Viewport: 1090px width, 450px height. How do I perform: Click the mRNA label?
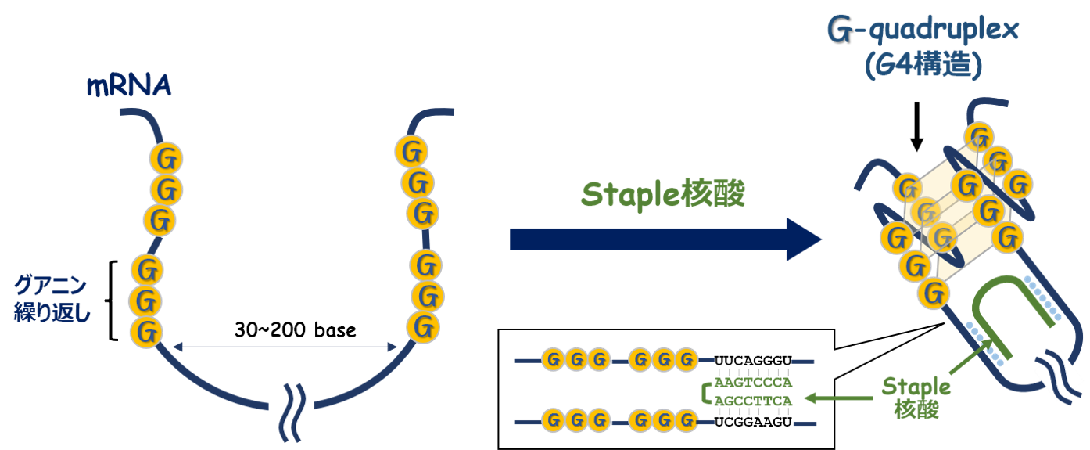click(x=128, y=85)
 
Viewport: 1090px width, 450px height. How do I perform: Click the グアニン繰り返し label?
click(x=51, y=299)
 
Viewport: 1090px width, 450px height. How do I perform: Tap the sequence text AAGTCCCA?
click(x=754, y=382)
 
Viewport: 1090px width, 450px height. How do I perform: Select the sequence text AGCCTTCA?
click(x=754, y=401)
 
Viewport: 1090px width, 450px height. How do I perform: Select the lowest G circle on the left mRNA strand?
click(x=146, y=331)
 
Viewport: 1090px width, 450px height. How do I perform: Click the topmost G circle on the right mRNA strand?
click(x=411, y=151)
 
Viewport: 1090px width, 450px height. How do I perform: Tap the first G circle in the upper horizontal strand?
click(x=554, y=360)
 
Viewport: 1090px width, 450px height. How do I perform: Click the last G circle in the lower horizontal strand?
click(x=686, y=421)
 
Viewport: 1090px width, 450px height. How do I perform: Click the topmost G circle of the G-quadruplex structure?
click(x=979, y=135)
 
